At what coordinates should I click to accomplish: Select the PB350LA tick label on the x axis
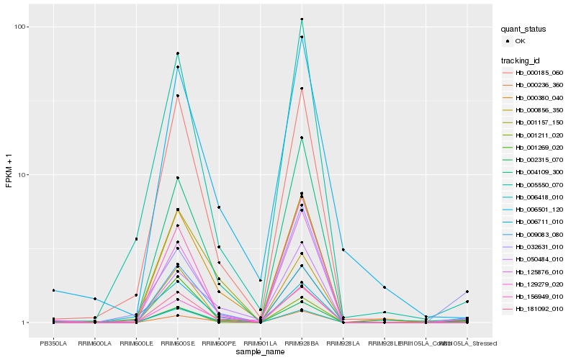pos(53,343)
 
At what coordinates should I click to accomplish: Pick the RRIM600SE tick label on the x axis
pos(177,343)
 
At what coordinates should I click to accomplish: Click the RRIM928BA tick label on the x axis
pos(302,343)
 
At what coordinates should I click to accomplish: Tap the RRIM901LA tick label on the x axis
pos(260,343)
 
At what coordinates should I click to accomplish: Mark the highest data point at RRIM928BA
pos(302,19)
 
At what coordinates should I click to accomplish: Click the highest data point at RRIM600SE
pos(177,53)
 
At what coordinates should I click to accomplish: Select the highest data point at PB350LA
pos(53,290)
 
